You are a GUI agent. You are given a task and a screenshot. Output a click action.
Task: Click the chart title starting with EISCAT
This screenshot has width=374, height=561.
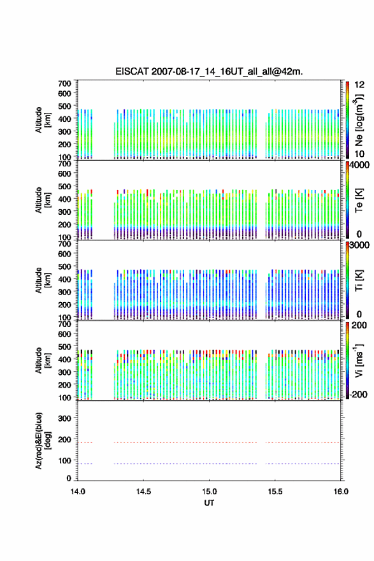coord(209,71)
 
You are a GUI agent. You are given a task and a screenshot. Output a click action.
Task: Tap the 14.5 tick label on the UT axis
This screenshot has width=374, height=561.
coord(143,492)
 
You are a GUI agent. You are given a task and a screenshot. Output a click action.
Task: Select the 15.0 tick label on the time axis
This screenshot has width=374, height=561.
coord(209,492)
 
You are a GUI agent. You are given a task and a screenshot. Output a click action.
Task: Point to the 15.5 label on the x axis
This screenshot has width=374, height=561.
coord(275,492)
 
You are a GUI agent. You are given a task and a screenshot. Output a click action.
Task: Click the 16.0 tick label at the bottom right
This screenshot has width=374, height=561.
coord(341,492)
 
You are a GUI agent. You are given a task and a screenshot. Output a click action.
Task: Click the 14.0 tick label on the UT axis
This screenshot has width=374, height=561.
coord(78,492)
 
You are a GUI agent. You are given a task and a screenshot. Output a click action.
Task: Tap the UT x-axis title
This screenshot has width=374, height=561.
coord(209,503)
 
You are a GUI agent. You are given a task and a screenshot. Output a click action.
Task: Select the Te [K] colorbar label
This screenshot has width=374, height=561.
coord(359,200)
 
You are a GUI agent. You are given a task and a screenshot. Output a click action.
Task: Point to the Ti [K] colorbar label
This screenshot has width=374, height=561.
coord(359,280)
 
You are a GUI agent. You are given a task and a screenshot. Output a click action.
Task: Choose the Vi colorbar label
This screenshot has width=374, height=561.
coord(359,360)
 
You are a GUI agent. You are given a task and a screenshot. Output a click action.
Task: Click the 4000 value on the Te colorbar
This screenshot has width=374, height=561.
coord(359,165)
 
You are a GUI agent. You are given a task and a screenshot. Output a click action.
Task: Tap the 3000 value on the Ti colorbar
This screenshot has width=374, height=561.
coord(359,245)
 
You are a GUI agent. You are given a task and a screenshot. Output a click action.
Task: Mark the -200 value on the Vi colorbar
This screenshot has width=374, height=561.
coord(359,394)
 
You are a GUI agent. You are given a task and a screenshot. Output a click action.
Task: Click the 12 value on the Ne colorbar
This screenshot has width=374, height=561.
coord(359,85)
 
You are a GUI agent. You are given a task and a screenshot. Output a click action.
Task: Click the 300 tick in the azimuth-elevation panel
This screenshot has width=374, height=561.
coord(64,418)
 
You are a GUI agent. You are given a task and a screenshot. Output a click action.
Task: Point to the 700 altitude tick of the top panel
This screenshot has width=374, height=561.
coord(64,84)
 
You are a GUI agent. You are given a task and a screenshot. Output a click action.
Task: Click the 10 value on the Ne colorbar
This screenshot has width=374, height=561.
coord(359,154)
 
